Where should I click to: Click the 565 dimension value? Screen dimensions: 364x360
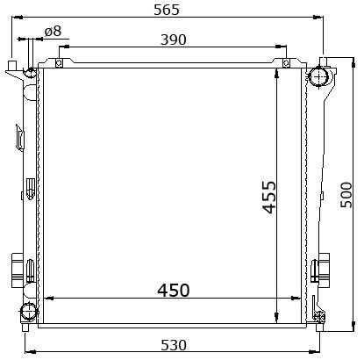pyautogui.click(x=167, y=10)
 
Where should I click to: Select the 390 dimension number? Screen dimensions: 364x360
pyautogui.click(x=174, y=40)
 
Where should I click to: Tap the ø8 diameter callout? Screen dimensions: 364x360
pyautogui.click(x=53, y=31)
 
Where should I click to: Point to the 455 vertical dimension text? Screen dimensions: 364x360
pyautogui.click(x=269, y=198)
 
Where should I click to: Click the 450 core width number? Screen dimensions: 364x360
pyautogui.click(x=174, y=290)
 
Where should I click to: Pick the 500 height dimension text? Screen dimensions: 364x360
pyautogui.click(x=346, y=195)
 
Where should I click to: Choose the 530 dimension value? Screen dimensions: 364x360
pyautogui.click(x=174, y=345)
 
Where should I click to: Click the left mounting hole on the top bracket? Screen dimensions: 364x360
pyautogui.click(x=59, y=63)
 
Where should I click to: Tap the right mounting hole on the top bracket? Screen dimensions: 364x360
pyautogui.click(x=286, y=63)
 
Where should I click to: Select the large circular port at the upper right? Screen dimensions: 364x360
pyautogui.click(x=318, y=76)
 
